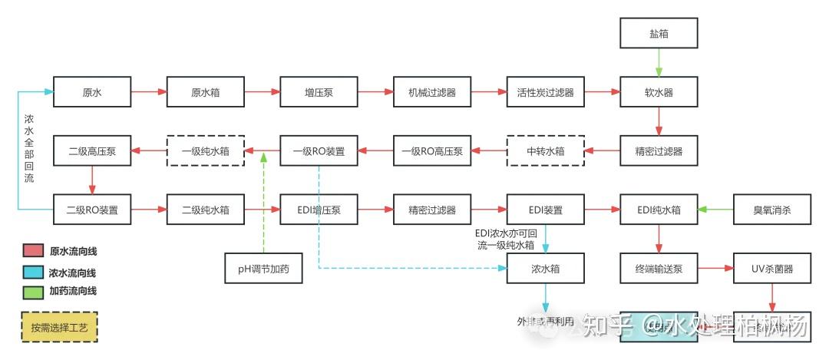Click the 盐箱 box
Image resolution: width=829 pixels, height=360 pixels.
click(x=659, y=35)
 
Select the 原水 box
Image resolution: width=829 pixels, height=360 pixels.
click(x=92, y=92)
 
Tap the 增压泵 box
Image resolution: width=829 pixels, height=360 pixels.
click(x=318, y=92)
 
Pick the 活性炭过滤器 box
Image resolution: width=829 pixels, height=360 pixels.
click(x=545, y=92)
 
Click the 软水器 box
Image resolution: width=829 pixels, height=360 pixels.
click(x=659, y=92)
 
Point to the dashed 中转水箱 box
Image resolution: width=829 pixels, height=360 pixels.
click(x=545, y=151)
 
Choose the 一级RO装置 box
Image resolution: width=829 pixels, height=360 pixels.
click(x=318, y=151)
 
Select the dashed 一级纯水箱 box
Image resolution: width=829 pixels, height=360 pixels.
click(x=205, y=151)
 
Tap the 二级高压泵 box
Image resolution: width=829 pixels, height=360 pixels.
click(x=92, y=151)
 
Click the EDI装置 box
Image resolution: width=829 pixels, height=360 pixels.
click(x=545, y=209)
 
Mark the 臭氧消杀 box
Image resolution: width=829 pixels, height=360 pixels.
click(x=771, y=209)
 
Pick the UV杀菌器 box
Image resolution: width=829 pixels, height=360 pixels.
click(x=771, y=269)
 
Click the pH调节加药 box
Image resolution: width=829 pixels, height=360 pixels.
click(x=263, y=269)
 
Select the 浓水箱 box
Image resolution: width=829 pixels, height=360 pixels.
click(x=545, y=269)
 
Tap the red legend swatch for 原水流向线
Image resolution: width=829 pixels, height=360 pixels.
click(x=33, y=251)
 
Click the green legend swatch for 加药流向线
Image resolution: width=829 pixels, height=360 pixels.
click(x=33, y=291)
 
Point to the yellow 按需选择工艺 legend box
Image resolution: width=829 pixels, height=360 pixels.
click(x=60, y=327)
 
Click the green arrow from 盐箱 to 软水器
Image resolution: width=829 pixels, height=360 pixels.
click(x=659, y=63)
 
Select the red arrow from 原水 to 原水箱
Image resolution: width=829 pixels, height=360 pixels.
click(x=149, y=92)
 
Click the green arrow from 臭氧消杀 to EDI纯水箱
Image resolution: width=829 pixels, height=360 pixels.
click(x=715, y=209)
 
